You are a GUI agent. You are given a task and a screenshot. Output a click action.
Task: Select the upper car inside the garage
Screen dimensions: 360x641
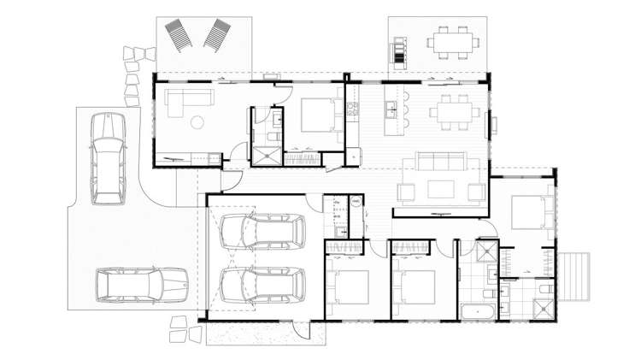pos(262,231)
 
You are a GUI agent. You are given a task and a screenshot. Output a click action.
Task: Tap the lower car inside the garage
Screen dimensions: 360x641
pos(262,286)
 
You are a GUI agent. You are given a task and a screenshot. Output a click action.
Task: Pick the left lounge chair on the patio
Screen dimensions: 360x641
pos(179,35)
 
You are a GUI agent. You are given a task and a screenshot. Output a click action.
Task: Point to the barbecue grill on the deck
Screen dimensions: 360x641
pos(399,52)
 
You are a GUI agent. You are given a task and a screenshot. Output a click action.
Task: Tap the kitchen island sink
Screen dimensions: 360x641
pos(390,108)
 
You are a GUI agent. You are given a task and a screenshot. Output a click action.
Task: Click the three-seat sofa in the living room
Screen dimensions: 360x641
pos(439,162)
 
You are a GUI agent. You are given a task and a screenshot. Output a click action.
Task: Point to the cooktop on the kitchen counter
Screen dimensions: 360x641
pos(350,109)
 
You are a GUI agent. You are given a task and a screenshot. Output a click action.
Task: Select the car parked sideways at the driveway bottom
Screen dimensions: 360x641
pos(140,286)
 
